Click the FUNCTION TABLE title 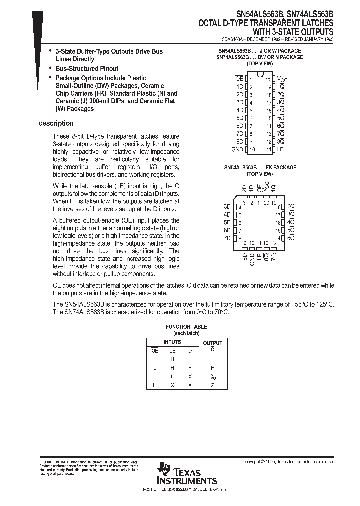[x=186, y=327]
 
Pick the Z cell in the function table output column [x=212, y=385]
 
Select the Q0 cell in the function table [x=212, y=377]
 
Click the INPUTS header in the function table [x=172, y=342]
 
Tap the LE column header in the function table [x=172, y=351]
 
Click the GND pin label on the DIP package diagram [x=237, y=149]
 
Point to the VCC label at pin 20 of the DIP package [x=282, y=79]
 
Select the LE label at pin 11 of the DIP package [x=281, y=149]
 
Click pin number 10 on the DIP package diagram [x=252, y=149]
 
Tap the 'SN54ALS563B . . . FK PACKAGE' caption [x=260, y=167]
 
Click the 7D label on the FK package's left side [x=227, y=238]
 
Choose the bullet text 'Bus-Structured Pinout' [x=87, y=68]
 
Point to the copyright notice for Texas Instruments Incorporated [x=288, y=462]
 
